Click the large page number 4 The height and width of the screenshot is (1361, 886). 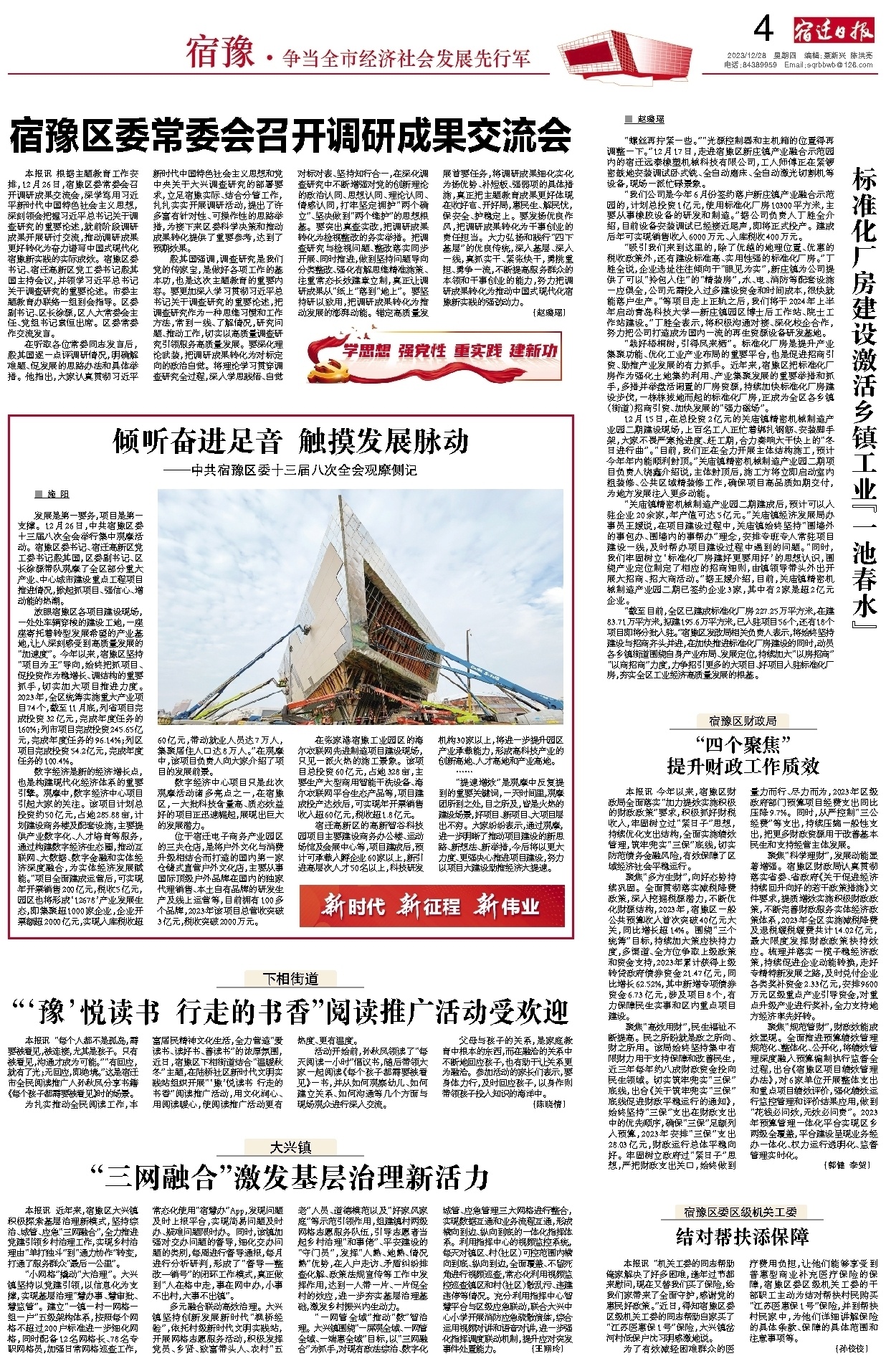(x=765, y=29)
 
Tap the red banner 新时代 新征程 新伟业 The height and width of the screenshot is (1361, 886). (x=431, y=906)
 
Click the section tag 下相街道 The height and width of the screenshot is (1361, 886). (x=290, y=978)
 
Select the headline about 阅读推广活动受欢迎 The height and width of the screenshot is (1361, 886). (x=290, y=1012)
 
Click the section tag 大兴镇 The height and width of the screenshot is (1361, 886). (x=290, y=1147)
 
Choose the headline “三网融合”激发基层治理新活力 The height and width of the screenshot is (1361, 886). (x=290, y=1176)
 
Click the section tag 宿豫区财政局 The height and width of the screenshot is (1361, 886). (x=743, y=720)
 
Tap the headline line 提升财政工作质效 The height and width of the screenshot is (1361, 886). (x=743, y=766)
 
